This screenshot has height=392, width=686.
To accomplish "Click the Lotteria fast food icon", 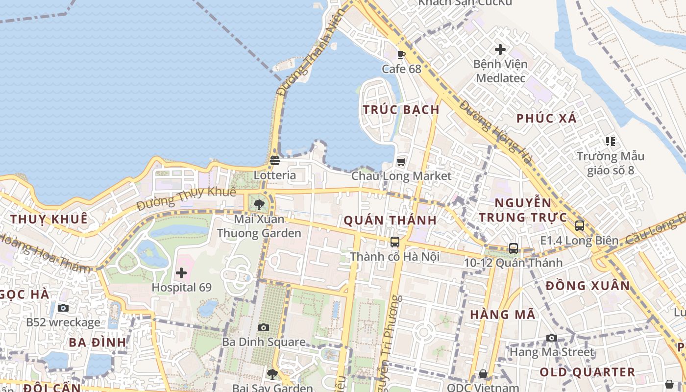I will (274, 160).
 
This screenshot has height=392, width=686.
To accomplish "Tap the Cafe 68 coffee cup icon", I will (401, 54).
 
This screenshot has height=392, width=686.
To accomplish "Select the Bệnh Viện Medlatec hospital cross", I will (500, 49).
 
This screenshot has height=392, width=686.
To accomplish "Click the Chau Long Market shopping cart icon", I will (401, 161).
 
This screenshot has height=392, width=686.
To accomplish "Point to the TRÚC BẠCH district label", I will (401, 110).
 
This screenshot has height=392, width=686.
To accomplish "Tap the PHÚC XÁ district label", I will (546, 118).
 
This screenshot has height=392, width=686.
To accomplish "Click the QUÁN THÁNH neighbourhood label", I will (390, 220).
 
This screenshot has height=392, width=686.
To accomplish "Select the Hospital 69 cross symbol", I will (181, 273).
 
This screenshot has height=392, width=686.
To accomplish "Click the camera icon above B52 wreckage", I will (63, 308).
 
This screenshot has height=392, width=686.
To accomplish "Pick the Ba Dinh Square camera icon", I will (264, 327).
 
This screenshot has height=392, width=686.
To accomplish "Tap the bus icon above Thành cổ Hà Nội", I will (394, 242).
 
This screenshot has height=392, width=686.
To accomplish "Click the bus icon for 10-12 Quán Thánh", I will (513, 248).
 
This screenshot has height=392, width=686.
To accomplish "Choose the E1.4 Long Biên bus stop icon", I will (579, 226).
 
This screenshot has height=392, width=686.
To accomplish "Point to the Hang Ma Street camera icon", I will (552, 338).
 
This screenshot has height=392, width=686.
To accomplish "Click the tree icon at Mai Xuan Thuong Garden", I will (259, 204).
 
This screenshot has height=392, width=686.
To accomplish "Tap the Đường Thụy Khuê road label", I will (186, 198).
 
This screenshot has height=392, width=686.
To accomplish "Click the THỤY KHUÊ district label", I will (49, 219).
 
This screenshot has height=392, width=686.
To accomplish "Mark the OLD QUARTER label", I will (587, 372).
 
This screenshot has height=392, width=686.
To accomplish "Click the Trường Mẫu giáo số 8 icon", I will (610, 142).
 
